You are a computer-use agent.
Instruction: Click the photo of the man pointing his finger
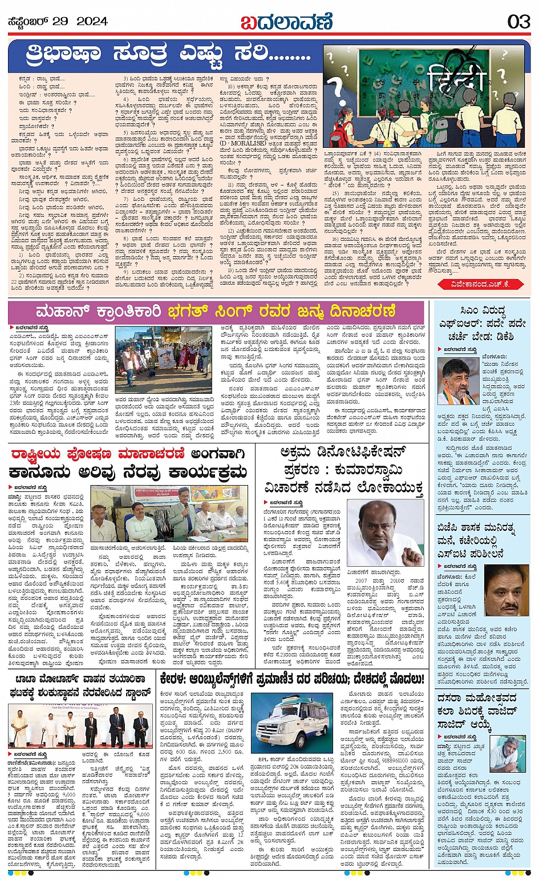pyautogui.click(x=385, y=533)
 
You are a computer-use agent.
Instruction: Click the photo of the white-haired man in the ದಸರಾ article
pyautogui.click(x=506, y=756)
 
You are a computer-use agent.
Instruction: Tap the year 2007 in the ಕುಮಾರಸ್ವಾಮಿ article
pyautogui.click(x=360, y=581)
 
